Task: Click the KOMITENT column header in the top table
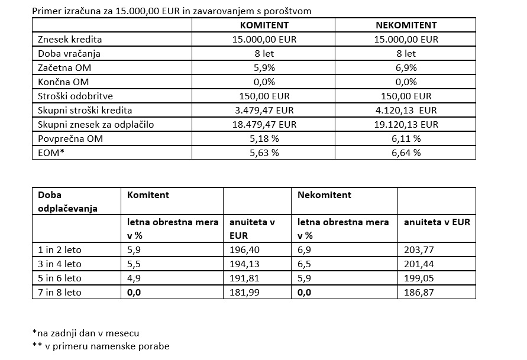click(x=264, y=25)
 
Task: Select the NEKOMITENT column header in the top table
click(x=406, y=25)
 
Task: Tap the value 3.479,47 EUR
click(x=264, y=111)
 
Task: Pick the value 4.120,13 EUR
click(x=406, y=111)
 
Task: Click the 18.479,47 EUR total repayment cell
click(x=264, y=125)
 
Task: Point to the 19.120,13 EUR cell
click(x=406, y=125)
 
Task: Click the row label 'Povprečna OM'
click(x=66, y=139)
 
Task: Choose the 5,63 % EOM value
click(x=264, y=153)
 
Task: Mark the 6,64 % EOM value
click(x=406, y=153)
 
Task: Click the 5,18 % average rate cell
click(x=264, y=139)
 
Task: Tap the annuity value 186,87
click(x=418, y=293)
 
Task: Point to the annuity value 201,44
click(x=418, y=264)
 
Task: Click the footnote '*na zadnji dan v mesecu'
click(x=86, y=333)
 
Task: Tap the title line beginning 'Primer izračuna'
click(x=172, y=11)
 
